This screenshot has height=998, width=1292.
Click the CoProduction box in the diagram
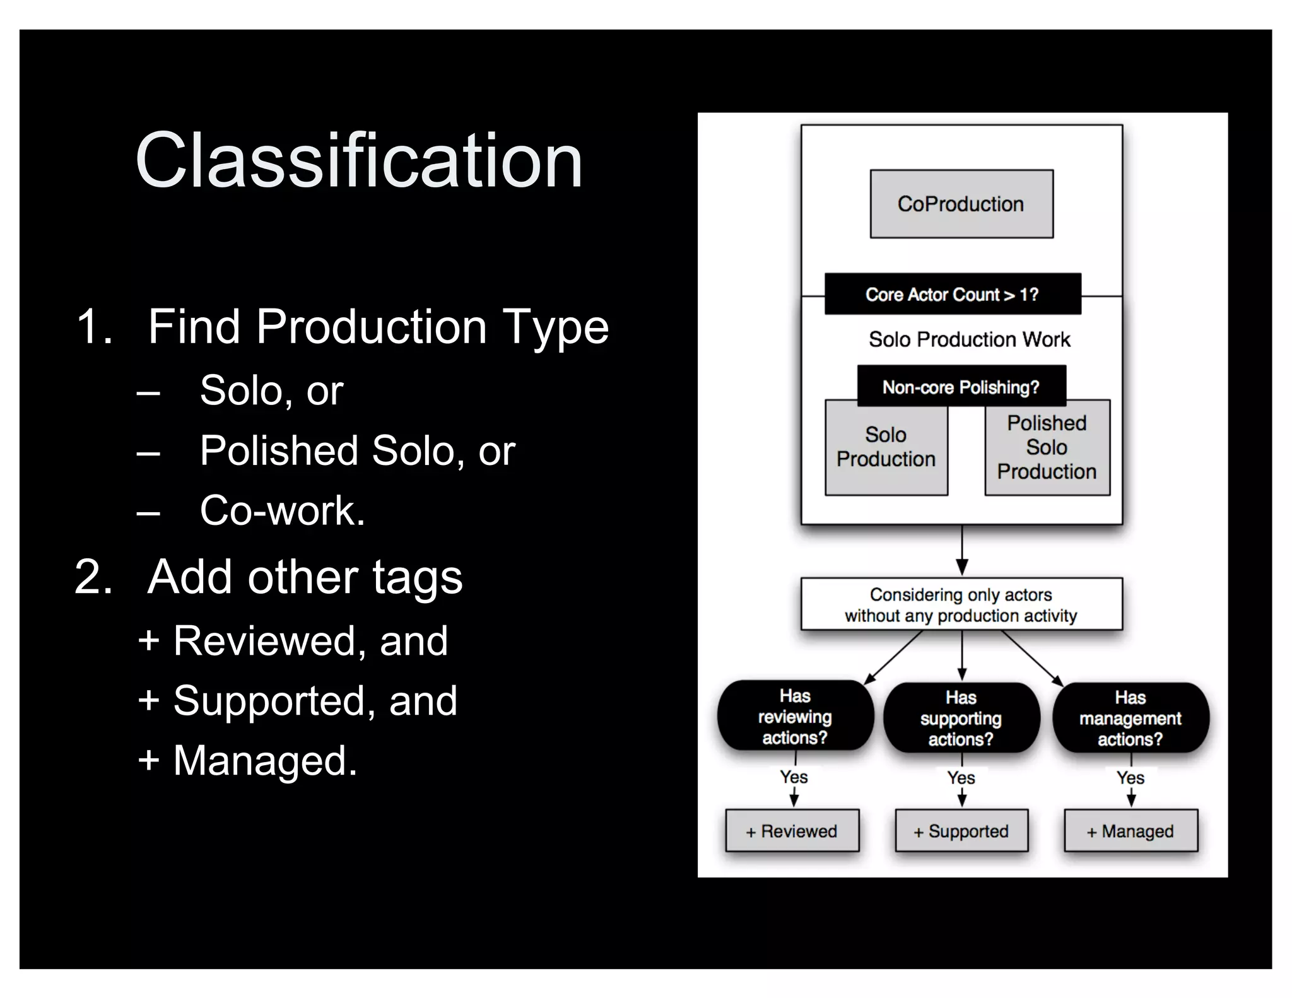[x=961, y=204]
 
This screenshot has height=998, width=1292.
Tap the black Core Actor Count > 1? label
[x=952, y=294]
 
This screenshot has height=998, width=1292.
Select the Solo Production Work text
[x=969, y=339]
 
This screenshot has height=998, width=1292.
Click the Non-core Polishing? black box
[x=961, y=387]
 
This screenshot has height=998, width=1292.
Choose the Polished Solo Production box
[x=1047, y=448]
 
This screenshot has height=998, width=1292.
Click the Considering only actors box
[x=961, y=604]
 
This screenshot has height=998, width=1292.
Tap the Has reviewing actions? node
[x=795, y=717]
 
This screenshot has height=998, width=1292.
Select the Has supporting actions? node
[x=961, y=718]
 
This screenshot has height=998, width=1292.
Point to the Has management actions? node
[x=1130, y=718]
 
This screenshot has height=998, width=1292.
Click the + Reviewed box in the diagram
[x=792, y=831]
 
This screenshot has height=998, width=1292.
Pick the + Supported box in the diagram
[x=961, y=831]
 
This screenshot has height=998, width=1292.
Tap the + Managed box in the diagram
[x=1130, y=831]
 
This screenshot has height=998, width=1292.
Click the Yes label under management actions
[x=1130, y=778]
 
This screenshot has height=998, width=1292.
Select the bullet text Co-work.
[x=282, y=510]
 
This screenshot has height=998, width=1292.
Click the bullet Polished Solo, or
[x=357, y=450]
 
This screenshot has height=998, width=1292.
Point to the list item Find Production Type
[x=378, y=327]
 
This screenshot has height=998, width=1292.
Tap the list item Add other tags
[x=305, y=577]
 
